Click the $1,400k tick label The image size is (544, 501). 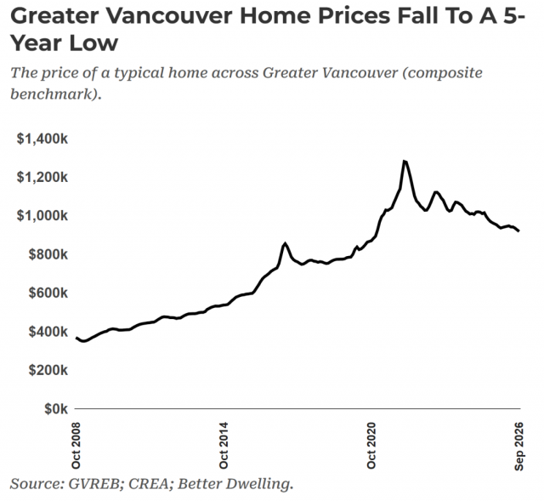(x=42, y=139)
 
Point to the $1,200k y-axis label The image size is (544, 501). (x=42, y=178)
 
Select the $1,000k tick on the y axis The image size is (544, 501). (x=42, y=216)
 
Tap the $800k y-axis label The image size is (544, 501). (x=48, y=254)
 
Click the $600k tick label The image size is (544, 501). (x=48, y=293)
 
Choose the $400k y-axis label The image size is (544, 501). (x=48, y=332)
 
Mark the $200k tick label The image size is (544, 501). (x=48, y=371)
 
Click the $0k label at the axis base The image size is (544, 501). (x=56, y=409)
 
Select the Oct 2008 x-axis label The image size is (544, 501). (x=76, y=446)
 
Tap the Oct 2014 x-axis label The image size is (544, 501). (x=224, y=446)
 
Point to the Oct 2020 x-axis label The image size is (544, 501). (x=371, y=446)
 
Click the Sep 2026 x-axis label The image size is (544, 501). (x=519, y=447)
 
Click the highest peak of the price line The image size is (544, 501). (x=405, y=161)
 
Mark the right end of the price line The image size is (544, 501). (x=518, y=231)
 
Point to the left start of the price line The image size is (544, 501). (x=76, y=338)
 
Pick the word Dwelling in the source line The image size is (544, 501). (x=258, y=484)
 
